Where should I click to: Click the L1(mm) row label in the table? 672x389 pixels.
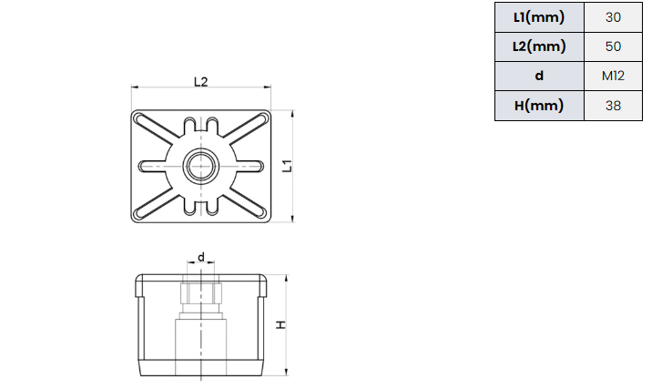pos(539,17)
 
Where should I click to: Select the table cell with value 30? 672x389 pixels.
pos(613,17)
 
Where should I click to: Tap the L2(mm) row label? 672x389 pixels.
pos(539,46)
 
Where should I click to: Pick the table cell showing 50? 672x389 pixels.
pos(613,46)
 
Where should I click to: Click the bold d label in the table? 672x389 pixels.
pos(539,76)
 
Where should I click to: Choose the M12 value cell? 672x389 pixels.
pos(613,76)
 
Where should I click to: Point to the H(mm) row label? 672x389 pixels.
pos(539,106)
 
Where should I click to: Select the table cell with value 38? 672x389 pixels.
pos(613,106)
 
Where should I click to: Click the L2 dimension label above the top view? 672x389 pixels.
pos(200,81)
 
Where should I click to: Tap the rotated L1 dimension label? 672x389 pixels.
pos(287,166)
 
